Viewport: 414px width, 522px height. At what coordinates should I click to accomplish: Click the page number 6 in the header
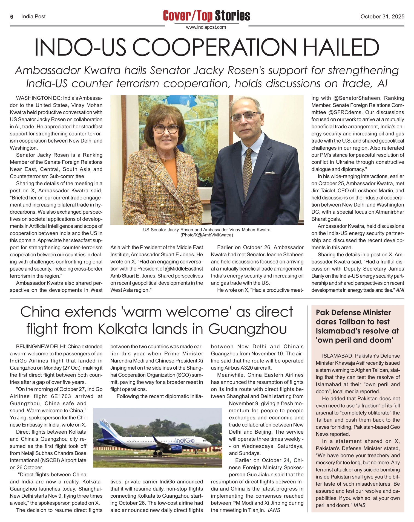(12, 17)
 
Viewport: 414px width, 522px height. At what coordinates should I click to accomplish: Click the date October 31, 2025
(382, 16)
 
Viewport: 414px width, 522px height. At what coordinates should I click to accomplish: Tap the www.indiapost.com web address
(206, 27)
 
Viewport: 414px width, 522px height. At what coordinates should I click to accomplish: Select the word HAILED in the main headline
(341, 48)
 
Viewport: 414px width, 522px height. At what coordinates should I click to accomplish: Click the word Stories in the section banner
(232, 16)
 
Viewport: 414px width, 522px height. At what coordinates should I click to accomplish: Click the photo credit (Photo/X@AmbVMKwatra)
(207, 235)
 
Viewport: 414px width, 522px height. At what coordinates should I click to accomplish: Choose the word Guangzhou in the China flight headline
(247, 329)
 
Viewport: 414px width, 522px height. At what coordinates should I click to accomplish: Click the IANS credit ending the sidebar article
(360, 505)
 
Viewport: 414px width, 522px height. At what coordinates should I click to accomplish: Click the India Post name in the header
(33, 17)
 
